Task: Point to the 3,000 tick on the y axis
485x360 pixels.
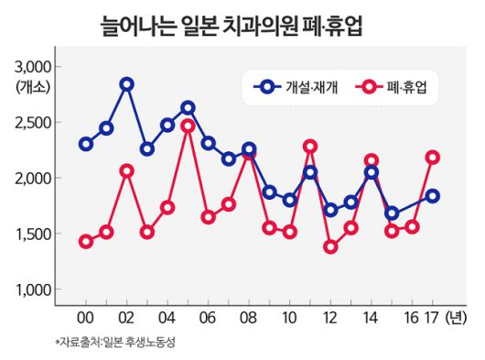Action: click(33, 67)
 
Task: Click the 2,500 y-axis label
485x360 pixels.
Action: click(33, 123)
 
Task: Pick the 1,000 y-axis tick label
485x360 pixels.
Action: click(33, 290)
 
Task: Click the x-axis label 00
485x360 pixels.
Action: click(85, 320)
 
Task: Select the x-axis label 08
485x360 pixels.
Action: click(249, 320)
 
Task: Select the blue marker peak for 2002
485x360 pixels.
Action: click(126, 84)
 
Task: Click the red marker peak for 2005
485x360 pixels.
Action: click(188, 126)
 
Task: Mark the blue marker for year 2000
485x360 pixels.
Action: click(86, 144)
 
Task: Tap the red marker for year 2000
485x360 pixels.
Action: click(86, 242)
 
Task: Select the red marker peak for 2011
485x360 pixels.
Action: click(310, 147)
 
